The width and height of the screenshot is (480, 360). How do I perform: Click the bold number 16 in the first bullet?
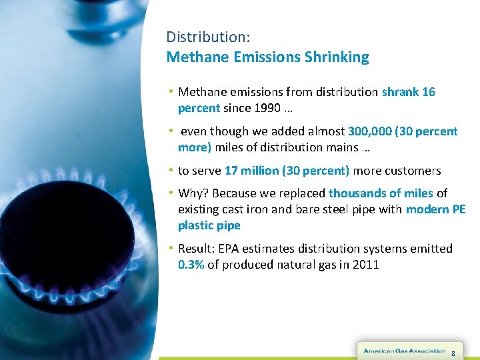click(428, 92)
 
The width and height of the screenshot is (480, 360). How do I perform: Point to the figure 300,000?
click(370, 131)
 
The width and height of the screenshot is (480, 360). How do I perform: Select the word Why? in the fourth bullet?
click(193, 193)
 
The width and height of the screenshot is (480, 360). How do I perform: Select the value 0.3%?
click(191, 265)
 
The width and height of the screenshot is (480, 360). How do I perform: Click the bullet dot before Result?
click(171, 248)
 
